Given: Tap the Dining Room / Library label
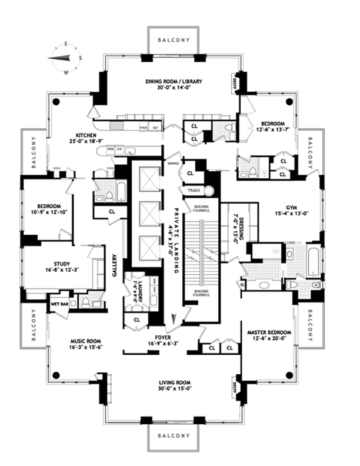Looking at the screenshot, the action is [175, 82].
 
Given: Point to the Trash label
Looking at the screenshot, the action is [193, 191].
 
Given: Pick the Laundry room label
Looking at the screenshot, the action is [133, 287].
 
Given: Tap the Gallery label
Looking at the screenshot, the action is [115, 265].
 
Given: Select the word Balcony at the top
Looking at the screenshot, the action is [175, 39].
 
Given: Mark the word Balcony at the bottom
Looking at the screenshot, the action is [175, 435].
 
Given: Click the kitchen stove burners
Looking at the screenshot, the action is [116, 125].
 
